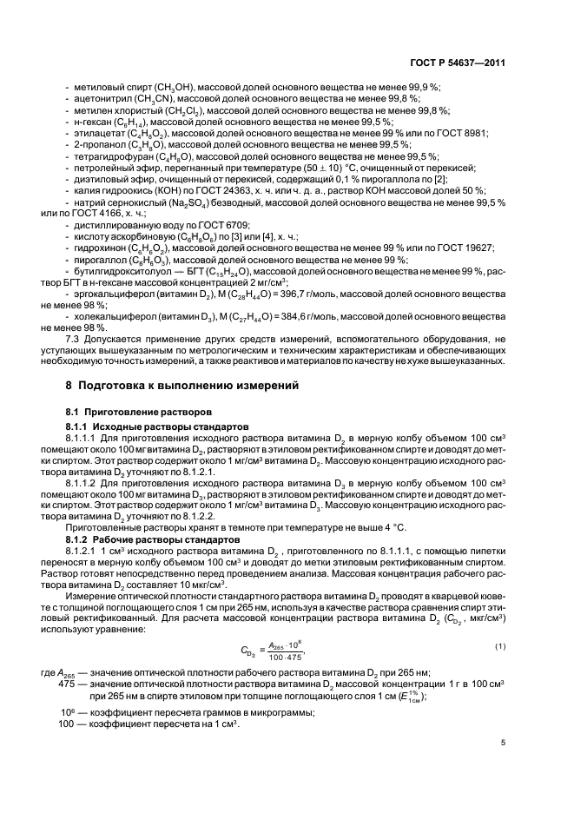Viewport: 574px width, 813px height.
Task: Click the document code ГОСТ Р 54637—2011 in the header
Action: click(x=457, y=63)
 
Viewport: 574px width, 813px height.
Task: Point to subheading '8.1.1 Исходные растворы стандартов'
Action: click(x=144, y=427)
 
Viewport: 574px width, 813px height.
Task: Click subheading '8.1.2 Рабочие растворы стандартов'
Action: click(x=141, y=539)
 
